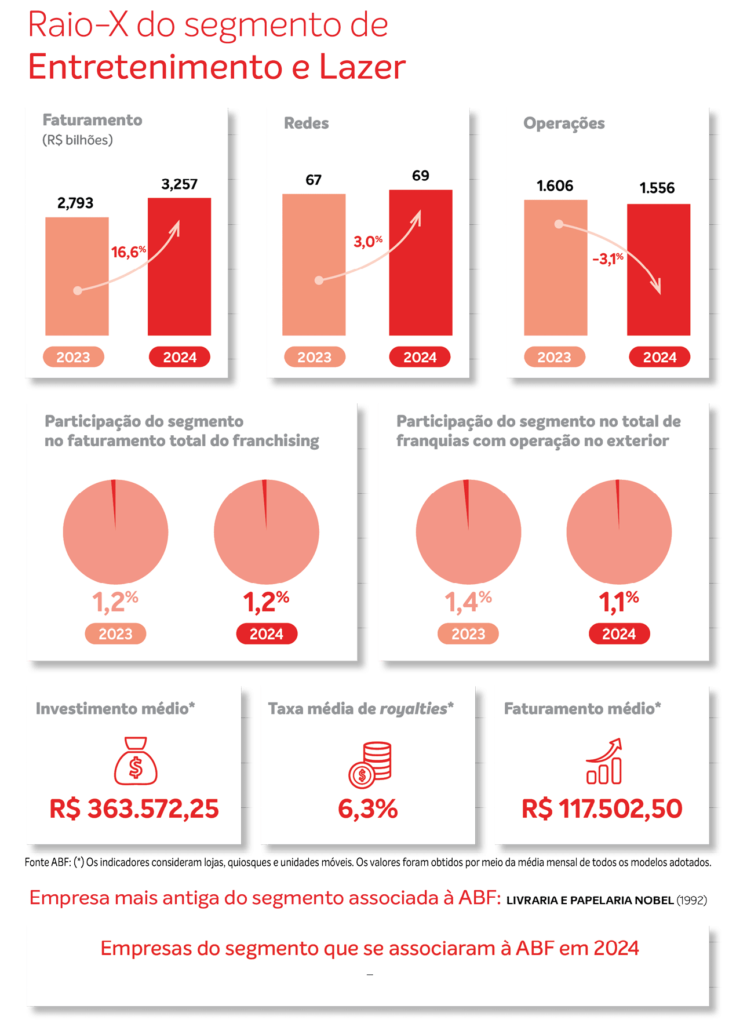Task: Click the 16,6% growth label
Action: [x=128, y=252]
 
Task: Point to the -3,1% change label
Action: [x=607, y=258]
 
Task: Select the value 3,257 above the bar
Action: [x=179, y=184]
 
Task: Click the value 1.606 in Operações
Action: [x=555, y=186]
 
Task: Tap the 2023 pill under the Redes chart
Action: [x=314, y=357]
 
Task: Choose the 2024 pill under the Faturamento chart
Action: [x=180, y=357]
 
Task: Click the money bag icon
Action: [x=136, y=760]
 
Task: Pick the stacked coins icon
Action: [x=370, y=764]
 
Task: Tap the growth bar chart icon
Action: [x=604, y=762]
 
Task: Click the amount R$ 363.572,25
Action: [x=134, y=809]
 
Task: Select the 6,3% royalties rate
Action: [x=367, y=809]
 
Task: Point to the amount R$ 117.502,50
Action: [x=602, y=809]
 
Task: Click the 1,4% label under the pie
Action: [x=468, y=602]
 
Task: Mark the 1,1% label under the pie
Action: [x=618, y=602]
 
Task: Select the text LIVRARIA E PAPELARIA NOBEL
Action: [x=590, y=900]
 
